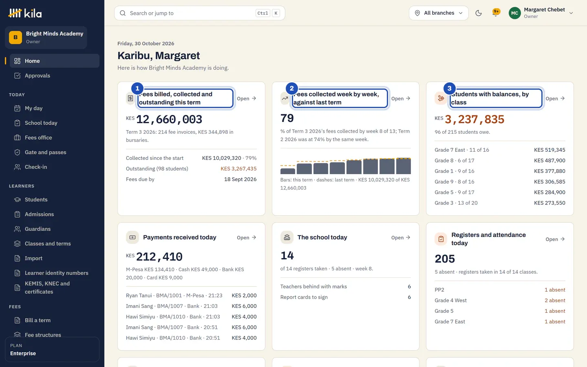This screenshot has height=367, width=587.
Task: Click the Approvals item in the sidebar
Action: tap(37, 75)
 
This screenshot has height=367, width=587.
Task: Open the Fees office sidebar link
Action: tap(38, 137)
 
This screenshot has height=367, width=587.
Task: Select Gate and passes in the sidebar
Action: tap(45, 152)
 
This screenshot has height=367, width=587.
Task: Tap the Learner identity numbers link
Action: tap(56, 273)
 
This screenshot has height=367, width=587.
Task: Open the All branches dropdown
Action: tap(439, 13)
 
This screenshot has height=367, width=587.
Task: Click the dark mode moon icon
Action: tap(479, 13)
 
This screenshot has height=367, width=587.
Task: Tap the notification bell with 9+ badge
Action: tap(495, 13)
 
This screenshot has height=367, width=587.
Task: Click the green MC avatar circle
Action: tap(515, 13)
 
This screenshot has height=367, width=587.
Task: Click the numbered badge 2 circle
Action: tap(292, 88)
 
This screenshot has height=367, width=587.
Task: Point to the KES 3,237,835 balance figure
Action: tap(474, 119)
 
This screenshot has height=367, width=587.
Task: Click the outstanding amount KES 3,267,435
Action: tap(238, 168)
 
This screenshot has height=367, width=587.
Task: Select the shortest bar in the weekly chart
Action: tap(287, 171)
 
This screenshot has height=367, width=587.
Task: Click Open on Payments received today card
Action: tap(246, 237)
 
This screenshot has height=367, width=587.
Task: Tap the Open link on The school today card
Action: tap(401, 237)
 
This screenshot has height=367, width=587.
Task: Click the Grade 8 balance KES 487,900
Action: tap(549, 160)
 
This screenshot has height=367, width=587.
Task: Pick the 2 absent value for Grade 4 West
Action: tap(555, 300)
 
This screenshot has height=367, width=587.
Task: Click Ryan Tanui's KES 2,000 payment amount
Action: tap(244, 295)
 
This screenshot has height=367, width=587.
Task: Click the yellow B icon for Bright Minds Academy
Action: tap(15, 37)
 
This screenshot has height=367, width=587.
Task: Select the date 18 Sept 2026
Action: tap(241, 179)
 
